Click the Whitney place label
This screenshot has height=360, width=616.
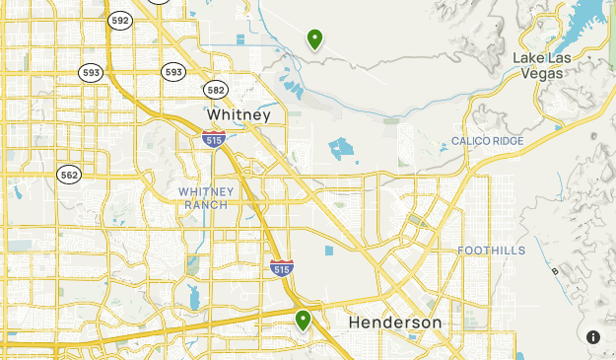(x=239, y=115)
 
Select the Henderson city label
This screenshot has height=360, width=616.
(x=395, y=323)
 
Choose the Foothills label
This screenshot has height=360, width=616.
(x=491, y=251)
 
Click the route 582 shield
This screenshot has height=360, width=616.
(x=217, y=90)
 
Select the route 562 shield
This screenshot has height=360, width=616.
(x=69, y=175)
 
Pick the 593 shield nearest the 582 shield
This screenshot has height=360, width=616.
(x=173, y=72)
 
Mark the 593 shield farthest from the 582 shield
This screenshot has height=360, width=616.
(x=92, y=72)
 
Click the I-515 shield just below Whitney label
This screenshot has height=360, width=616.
(x=213, y=140)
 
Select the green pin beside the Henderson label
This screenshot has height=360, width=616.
(x=304, y=320)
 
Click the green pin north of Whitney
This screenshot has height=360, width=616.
(x=314, y=39)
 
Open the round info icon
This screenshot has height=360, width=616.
(x=593, y=337)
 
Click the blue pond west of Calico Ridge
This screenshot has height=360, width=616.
(x=341, y=149)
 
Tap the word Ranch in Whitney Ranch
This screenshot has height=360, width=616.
(x=205, y=204)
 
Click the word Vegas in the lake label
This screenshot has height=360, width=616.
(x=543, y=72)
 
